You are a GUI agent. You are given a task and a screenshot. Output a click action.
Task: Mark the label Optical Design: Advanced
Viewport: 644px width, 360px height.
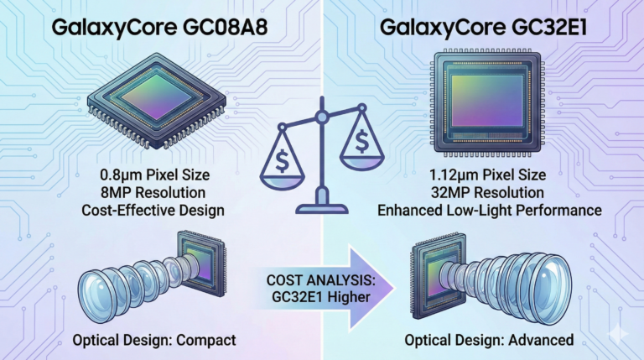[x=488, y=342]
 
